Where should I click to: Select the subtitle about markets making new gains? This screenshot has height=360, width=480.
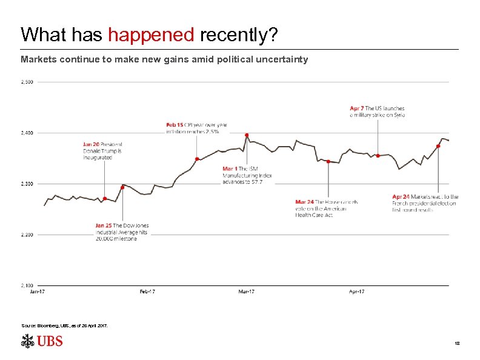(164, 59)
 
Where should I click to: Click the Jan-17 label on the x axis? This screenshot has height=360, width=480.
(38, 292)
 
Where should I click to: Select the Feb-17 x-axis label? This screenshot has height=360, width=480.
(147, 292)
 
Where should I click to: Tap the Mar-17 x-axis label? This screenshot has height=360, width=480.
(246, 292)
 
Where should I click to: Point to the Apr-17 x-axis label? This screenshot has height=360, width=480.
(357, 292)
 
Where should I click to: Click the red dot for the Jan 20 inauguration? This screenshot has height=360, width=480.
(105, 199)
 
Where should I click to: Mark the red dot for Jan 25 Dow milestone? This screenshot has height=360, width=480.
(122, 187)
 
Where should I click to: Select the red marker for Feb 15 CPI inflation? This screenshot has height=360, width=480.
(197, 159)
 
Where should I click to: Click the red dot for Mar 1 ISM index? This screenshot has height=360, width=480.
(247, 135)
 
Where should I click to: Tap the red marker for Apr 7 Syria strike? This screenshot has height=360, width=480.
(378, 156)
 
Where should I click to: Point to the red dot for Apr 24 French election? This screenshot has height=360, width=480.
(438, 146)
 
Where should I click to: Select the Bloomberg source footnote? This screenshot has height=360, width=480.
(65, 325)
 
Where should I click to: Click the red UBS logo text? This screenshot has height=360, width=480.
(50, 341)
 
